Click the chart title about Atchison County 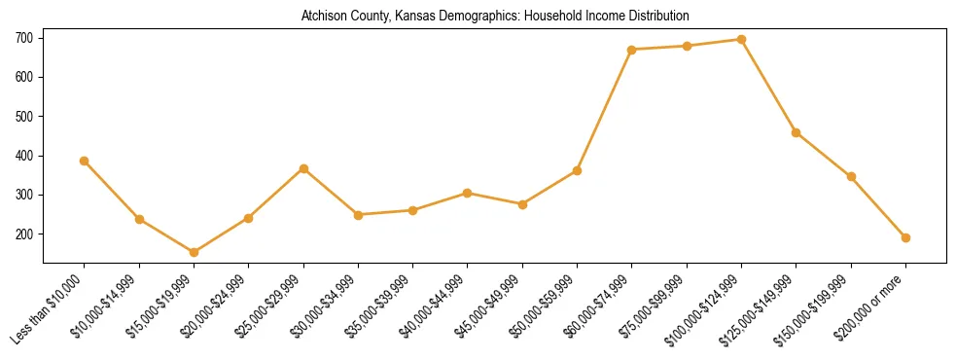(495, 16)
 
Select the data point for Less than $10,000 (85, 161)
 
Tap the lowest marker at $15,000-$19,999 (194, 252)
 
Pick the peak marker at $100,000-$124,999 (741, 40)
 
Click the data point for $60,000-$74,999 (632, 50)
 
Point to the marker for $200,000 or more (905, 237)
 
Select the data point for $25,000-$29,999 (303, 168)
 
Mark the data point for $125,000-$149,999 (797, 132)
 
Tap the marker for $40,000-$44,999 (468, 193)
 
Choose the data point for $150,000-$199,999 (851, 176)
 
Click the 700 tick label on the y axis (23, 38)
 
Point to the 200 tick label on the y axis (23, 234)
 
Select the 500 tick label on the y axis (23, 117)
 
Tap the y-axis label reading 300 (23, 195)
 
